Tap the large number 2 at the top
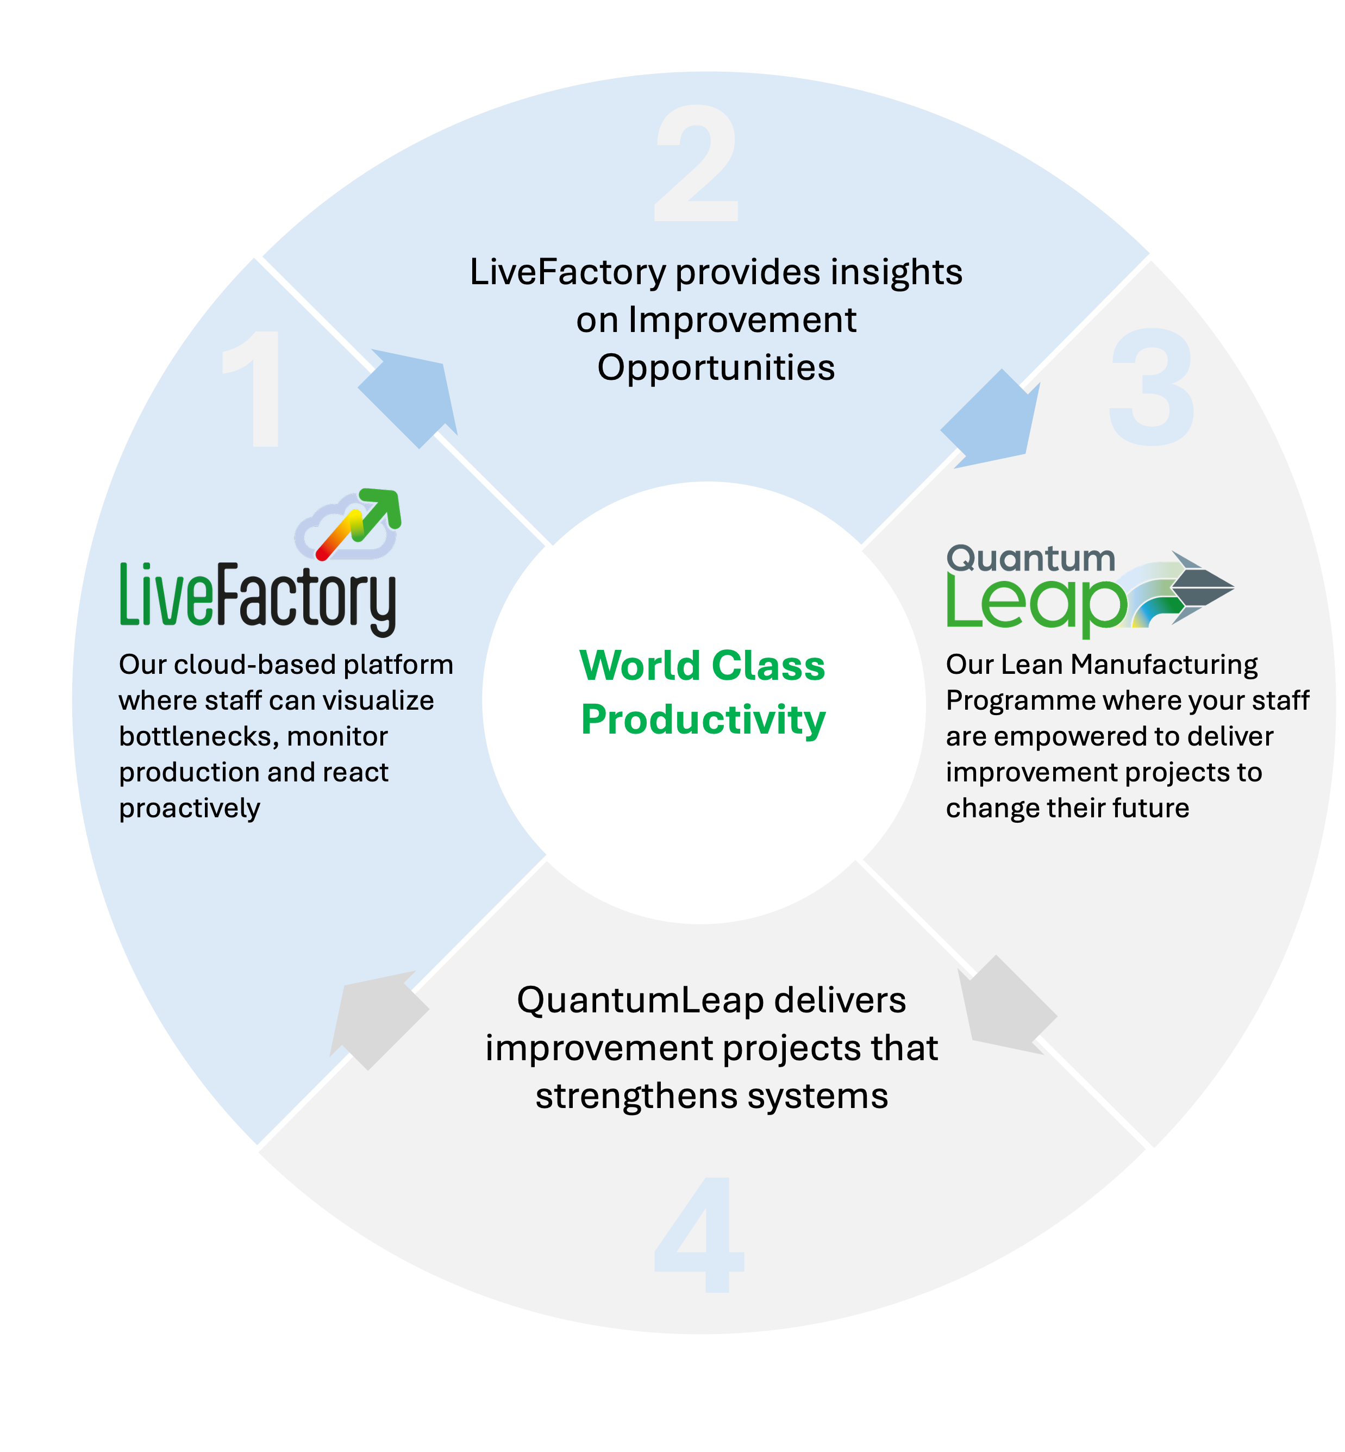pos(697,163)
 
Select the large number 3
pos(1152,386)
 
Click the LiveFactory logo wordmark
pos(258,597)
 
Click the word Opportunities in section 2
pos(716,367)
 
